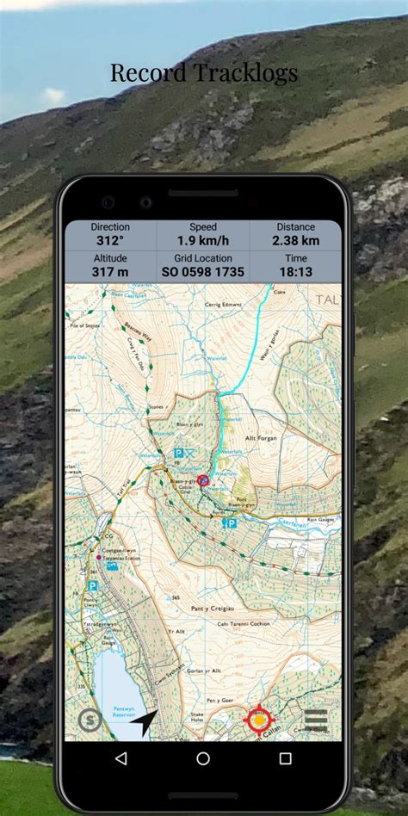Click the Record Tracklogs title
[x=204, y=73]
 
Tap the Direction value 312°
[x=110, y=241]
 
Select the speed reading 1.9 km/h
[x=203, y=241]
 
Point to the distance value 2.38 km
[x=295, y=241]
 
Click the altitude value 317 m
[x=110, y=272]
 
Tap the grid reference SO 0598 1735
[x=203, y=272]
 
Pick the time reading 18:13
[x=295, y=272]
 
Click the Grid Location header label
[x=203, y=258]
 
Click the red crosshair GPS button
[x=258, y=719]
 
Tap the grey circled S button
[x=90, y=720]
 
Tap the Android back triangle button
[x=121, y=758]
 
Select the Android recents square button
[x=285, y=758]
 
